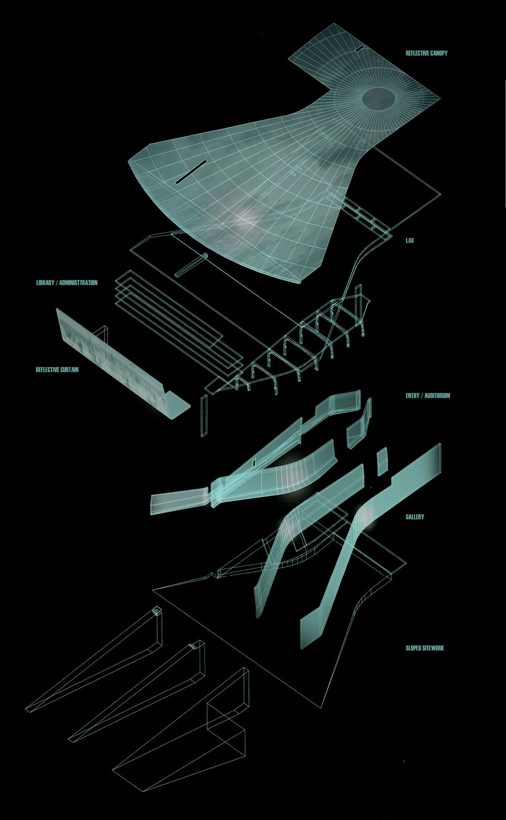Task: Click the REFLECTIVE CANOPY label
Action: [426, 53]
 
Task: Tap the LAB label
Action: [410, 241]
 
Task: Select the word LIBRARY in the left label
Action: [45, 283]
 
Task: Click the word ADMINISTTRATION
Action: [78, 283]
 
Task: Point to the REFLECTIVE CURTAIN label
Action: [57, 370]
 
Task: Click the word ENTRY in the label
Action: [412, 395]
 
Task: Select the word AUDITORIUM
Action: [437, 395]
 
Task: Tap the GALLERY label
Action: [415, 517]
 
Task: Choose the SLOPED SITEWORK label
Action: [425, 648]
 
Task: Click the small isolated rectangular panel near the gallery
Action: [382, 461]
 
